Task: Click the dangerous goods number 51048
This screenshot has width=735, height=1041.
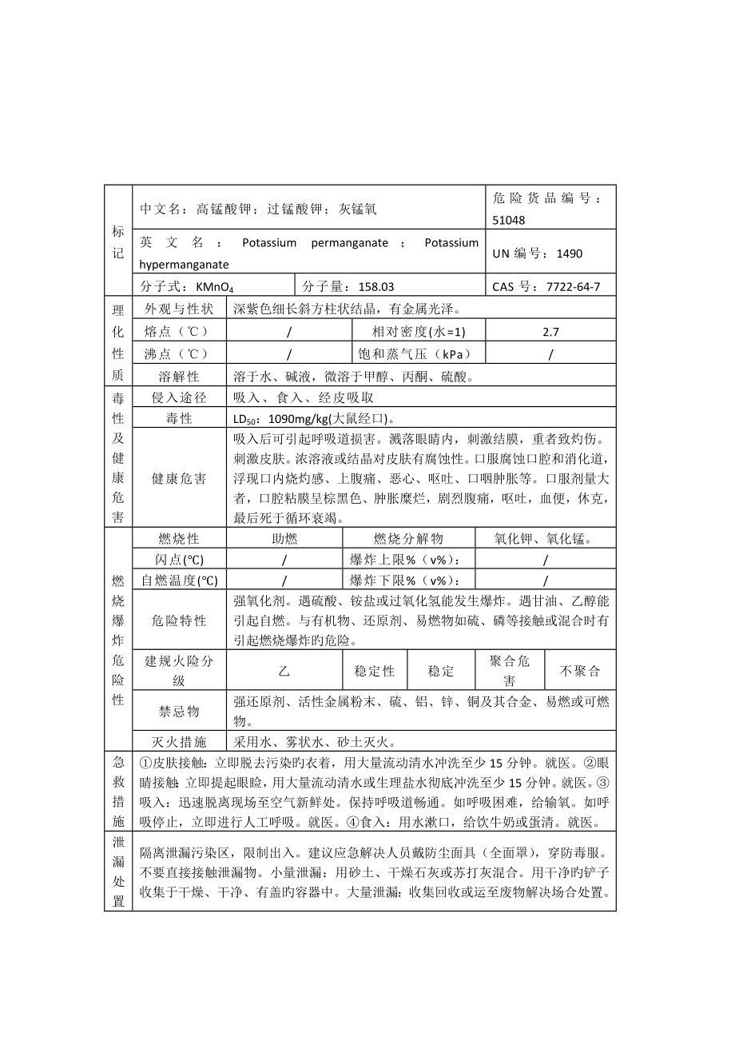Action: click(x=510, y=220)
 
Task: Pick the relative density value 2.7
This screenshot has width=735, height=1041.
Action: click(x=550, y=331)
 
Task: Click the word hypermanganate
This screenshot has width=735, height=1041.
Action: click(x=184, y=264)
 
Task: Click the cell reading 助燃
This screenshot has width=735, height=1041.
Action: click(x=284, y=539)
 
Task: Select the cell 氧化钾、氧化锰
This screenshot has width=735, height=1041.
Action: click(x=546, y=539)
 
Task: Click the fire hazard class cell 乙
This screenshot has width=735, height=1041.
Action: click(x=284, y=672)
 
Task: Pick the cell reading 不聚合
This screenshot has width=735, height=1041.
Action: click(x=579, y=672)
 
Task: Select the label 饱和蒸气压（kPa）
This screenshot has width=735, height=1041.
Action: click(x=419, y=353)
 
